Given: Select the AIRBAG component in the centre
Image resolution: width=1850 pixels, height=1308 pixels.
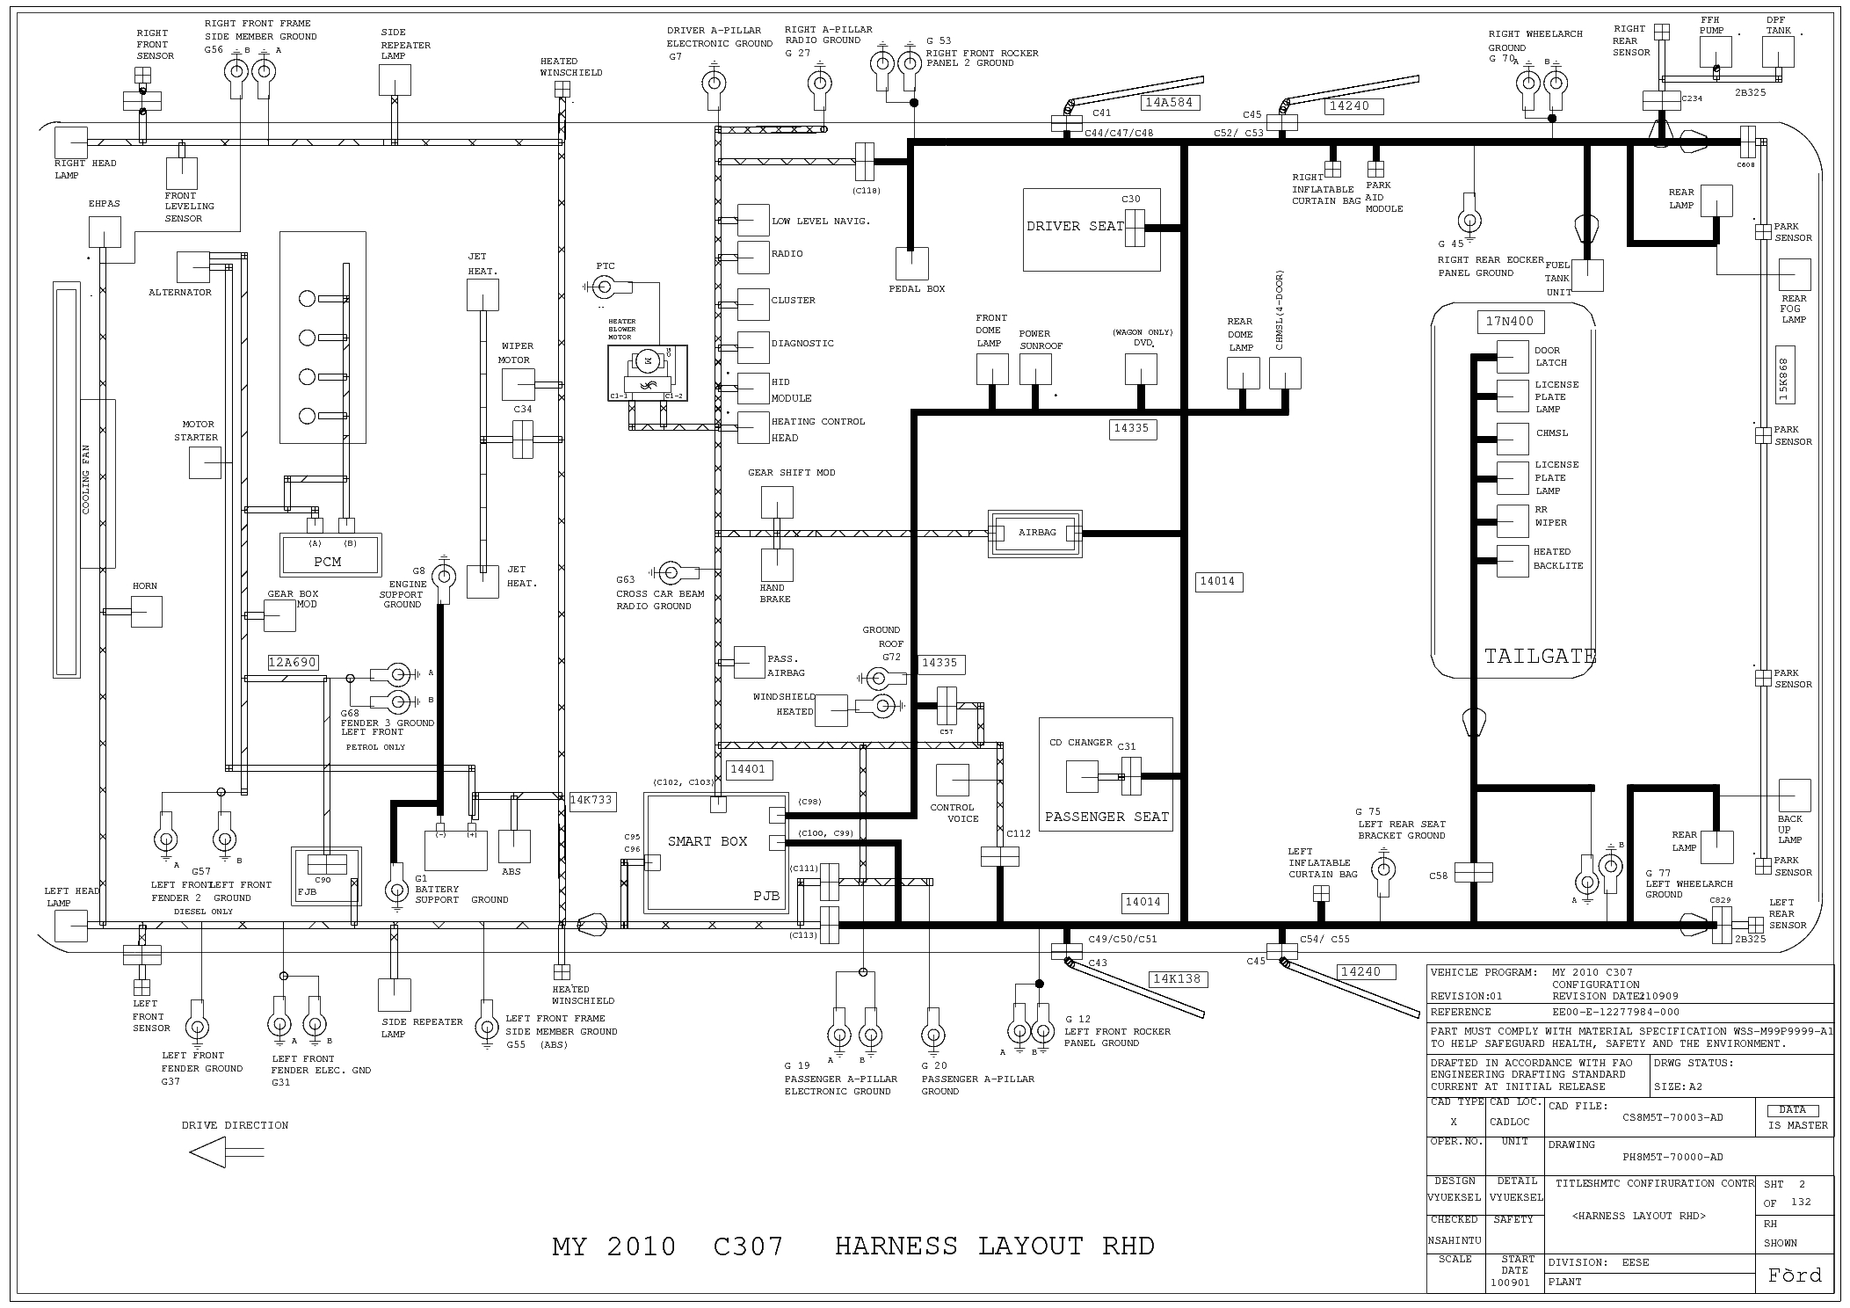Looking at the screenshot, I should point(1035,533).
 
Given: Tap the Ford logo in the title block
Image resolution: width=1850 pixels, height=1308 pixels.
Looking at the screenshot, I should point(1795,1275).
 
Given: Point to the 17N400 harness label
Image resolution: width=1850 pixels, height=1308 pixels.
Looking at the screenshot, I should point(1509,322).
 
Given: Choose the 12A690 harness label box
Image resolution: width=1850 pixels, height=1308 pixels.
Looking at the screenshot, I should point(293,663).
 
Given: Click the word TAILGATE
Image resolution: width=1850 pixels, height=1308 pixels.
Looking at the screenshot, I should point(1540,656).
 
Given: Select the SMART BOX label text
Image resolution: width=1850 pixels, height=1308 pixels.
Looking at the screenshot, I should point(707,841).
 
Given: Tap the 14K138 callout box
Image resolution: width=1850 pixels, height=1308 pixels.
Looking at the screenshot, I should point(1178,978).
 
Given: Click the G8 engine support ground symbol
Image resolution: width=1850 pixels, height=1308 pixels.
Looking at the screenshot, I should point(445,578).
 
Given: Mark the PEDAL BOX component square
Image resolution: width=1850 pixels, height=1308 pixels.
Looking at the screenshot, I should point(911,263).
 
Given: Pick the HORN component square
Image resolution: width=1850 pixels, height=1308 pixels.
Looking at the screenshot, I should point(147,611).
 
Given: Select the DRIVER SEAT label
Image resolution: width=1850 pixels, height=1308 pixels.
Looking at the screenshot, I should point(1075,226).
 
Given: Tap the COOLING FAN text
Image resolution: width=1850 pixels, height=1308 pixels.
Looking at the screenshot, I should point(86,479).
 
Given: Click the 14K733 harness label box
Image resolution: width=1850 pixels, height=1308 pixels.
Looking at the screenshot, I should point(591,801).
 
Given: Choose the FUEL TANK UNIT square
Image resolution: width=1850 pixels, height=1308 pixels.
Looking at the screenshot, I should point(1586,275).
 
